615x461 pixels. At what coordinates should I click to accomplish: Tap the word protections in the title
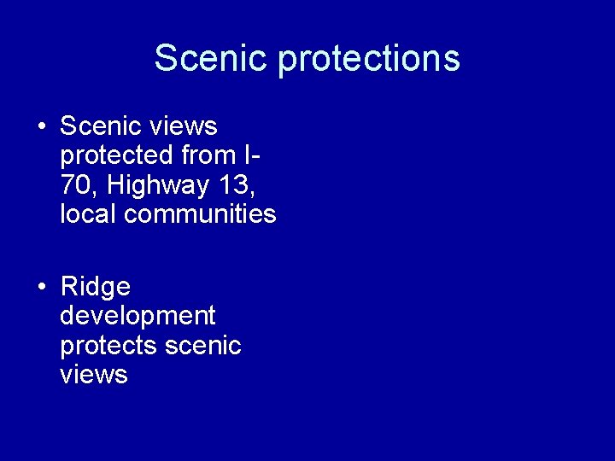coord(369,59)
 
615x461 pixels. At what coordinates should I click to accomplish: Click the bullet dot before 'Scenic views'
coord(41,127)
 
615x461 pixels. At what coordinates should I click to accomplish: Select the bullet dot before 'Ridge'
coord(41,288)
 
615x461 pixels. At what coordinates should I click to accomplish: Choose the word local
coord(89,213)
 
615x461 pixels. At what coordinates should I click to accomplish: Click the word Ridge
coord(95,287)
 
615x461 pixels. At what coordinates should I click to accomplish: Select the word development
coord(138,317)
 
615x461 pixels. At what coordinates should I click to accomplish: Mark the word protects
coord(108,346)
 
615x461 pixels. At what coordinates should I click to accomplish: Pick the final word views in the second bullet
coord(94,375)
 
